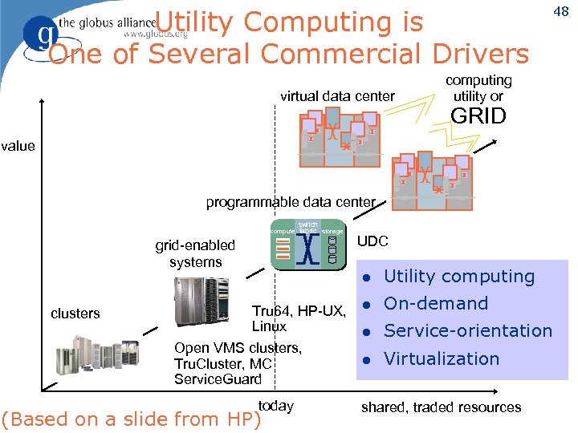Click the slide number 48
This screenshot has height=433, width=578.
coord(560,11)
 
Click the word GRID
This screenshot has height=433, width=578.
coord(478,116)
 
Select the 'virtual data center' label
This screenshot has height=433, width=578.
coord(337,96)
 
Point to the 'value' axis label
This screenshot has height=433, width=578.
coord(18,146)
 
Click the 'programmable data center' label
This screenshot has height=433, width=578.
coord(291,202)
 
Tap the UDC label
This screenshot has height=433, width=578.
coord(372,241)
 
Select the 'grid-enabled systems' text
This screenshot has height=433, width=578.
coord(195,253)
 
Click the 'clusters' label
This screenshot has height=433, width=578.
coord(75,314)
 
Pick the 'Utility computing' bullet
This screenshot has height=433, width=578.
coord(458,277)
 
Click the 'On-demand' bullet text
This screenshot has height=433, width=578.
coord(435,304)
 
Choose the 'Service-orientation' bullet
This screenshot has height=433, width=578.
coord(468,331)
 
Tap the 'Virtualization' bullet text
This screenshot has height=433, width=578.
coord(442,358)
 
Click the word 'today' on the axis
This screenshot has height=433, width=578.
coord(275,406)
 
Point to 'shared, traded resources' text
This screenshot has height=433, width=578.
coord(441,407)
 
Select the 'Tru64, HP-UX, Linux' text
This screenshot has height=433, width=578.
coord(298,318)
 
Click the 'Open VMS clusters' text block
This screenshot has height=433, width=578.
coord(238,363)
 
